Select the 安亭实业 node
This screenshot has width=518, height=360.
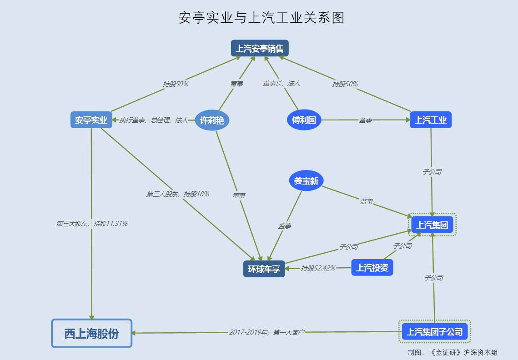(91, 120)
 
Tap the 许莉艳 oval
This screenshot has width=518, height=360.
(212, 120)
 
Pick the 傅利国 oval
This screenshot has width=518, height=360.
(304, 120)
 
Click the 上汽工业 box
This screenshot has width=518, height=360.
(430, 120)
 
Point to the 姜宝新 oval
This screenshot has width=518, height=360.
(306, 180)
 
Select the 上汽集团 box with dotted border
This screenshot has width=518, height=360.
(432, 225)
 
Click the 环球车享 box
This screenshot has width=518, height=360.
(264, 269)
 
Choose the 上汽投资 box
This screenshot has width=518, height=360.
(372, 267)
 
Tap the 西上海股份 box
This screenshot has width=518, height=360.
(91, 334)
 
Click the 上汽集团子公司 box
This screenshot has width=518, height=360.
(435, 332)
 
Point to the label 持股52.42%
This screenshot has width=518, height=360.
(318, 268)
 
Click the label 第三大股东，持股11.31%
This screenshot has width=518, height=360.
(92, 224)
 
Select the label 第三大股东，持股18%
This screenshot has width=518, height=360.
(177, 194)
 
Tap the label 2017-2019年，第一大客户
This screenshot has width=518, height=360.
(267, 332)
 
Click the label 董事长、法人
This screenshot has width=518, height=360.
(281, 84)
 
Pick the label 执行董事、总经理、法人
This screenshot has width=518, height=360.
(153, 120)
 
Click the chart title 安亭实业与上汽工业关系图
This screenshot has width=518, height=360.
(261, 17)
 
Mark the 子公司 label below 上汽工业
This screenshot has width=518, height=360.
(432, 172)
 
